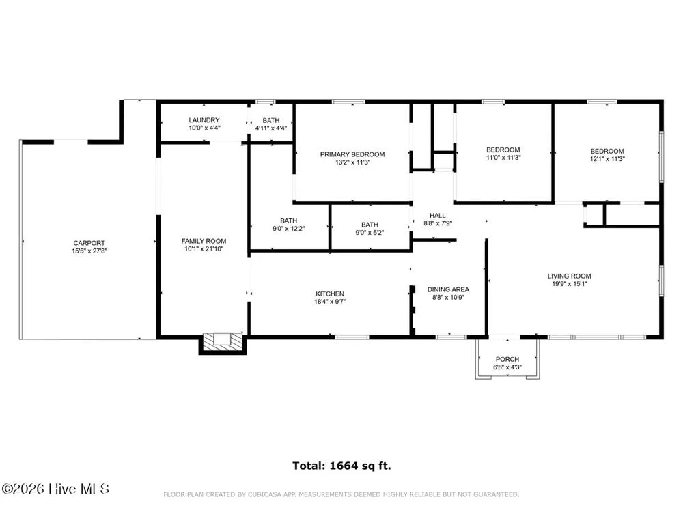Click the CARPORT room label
coord(89,243)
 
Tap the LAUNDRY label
coord(204,119)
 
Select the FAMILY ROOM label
coord(204,241)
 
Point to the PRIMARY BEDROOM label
coord(352,154)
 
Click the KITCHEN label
coord(330,294)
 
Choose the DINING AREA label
coord(448,289)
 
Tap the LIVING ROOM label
coord(569,276)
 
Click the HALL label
coord(437,216)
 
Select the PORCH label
coord(507,359)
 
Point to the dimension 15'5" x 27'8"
coord(89,251)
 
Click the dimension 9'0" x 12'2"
coord(288,229)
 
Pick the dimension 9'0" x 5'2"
coord(370,233)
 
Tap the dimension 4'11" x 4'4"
coord(271,128)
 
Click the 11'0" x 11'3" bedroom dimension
coord(503,158)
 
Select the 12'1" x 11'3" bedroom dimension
coord(607,159)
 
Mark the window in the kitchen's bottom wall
coord(352,337)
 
